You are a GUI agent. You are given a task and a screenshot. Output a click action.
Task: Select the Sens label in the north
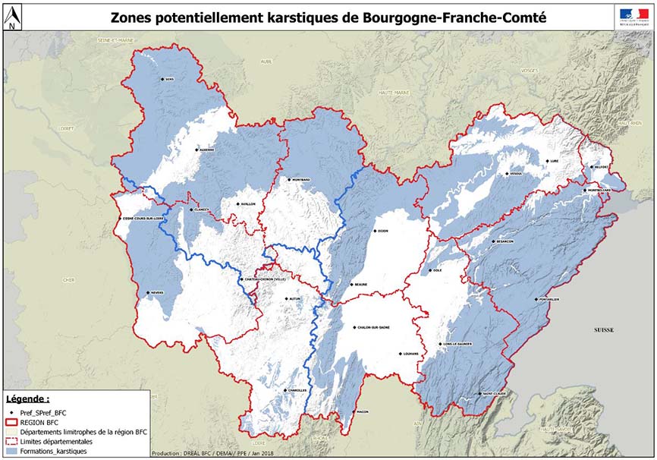click(169, 79)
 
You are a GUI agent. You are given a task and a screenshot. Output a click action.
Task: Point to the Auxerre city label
click(206, 150)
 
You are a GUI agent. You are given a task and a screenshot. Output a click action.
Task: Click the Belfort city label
click(601, 166)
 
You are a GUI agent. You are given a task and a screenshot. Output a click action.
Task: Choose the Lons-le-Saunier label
click(457, 344)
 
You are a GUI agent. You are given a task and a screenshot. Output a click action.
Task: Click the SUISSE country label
click(604, 330)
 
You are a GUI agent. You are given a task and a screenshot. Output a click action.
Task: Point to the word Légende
click(27, 398)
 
